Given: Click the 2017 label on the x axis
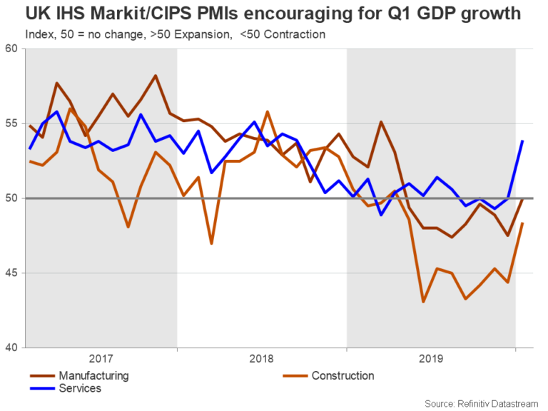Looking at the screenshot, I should tap(101, 360).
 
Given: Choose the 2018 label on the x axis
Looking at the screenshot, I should tap(262, 360).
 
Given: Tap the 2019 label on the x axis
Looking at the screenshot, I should tap(432, 360).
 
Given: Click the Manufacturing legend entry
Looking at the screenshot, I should tap(93, 375).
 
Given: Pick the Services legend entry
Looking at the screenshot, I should tap(81, 389).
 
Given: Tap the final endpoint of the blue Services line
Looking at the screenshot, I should tap(523, 141).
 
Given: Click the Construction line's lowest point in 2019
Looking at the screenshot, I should tap(423, 302).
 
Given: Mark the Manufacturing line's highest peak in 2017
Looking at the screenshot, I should tap(156, 76).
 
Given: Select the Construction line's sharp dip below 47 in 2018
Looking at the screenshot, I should tap(212, 243).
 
